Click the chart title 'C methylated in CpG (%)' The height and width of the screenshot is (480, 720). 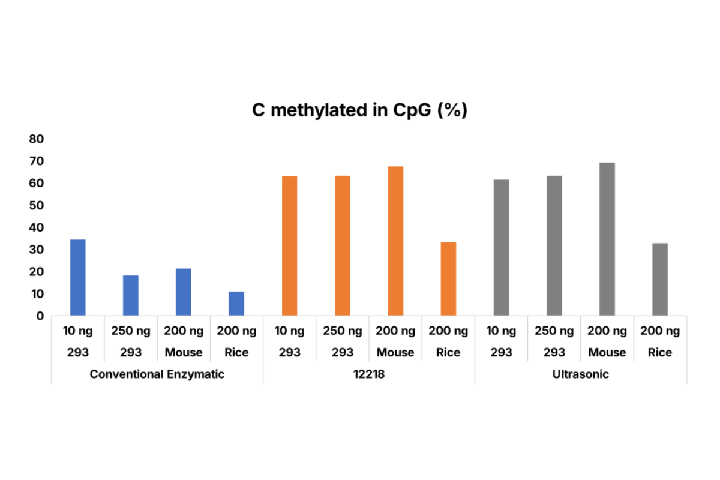click(x=359, y=111)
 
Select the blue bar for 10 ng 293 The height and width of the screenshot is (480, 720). click(x=78, y=277)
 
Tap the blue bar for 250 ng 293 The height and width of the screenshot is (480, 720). click(x=131, y=295)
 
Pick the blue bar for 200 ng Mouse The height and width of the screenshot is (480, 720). click(x=184, y=292)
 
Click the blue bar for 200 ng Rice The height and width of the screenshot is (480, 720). click(x=236, y=304)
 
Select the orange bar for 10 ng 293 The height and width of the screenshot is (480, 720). click(x=289, y=245)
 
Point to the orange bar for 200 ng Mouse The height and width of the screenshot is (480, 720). click(x=395, y=241)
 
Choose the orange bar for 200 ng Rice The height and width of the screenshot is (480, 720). click(x=448, y=278)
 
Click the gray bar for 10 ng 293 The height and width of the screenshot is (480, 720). click(x=501, y=247)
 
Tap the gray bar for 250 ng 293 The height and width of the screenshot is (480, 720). click(x=554, y=245)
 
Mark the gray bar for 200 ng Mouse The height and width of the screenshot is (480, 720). click(x=607, y=239)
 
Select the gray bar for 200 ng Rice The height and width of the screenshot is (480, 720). click(x=660, y=279)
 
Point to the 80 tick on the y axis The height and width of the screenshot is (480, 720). click(x=37, y=139)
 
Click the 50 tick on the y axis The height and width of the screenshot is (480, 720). click(x=37, y=206)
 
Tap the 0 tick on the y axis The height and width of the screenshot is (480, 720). click(x=40, y=316)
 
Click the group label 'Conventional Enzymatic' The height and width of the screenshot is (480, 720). click(x=157, y=374)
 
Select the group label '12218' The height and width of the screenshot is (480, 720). click(x=369, y=374)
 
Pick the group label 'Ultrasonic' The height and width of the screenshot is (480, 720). click(x=580, y=374)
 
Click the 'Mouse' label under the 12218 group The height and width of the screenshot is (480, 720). click(x=395, y=353)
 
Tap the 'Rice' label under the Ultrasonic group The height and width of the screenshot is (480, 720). click(x=660, y=353)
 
